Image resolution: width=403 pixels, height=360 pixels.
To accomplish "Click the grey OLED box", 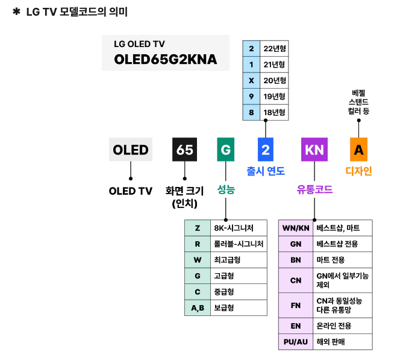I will tap(131, 150).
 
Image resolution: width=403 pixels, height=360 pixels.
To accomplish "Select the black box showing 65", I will tap(184, 150).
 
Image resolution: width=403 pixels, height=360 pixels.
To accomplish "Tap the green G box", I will tap(226, 150).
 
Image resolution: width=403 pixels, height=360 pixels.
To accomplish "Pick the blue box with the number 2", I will tap(265, 150).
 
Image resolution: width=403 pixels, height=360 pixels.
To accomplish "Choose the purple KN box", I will tap(314, 150).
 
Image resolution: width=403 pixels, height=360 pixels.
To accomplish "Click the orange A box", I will tap(358, 150).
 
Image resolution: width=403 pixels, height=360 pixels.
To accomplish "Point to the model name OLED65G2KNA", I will tap(166, 60).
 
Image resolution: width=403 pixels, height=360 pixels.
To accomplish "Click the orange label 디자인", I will tap(358, 171).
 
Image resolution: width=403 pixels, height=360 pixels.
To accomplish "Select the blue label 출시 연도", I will tap(265, 171).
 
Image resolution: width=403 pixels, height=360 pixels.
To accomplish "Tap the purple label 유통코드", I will tap(314, 189).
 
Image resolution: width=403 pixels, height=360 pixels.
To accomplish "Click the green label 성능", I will tap(226, 189).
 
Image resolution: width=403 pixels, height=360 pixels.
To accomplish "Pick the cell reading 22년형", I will tap(274, 48).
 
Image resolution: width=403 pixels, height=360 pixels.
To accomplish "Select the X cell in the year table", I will tap(251, 80).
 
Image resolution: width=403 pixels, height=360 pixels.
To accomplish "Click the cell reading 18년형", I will tap(274, 112).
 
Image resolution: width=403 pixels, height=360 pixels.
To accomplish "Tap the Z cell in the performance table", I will tap(197, 228).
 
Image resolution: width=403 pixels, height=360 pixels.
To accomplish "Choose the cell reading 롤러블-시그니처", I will tap(238, 244).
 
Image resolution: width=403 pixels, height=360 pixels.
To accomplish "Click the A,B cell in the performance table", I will tap(197, 308).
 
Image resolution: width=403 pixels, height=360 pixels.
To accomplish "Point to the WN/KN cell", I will tap(296, 228).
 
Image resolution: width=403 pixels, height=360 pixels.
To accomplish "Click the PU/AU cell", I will tap(296, 342).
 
